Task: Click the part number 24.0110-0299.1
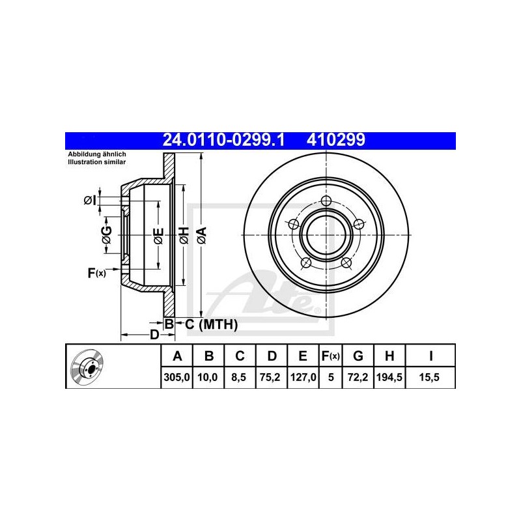pos(223,140)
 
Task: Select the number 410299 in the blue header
pos(336,140)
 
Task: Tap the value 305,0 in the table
pos(176,377)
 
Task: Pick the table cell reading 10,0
pos(208,377)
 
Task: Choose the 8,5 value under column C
pos(239,377)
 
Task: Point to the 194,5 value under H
pos(389,377)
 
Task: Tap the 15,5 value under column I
pos(429,377)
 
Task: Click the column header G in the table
pos(358,356)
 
